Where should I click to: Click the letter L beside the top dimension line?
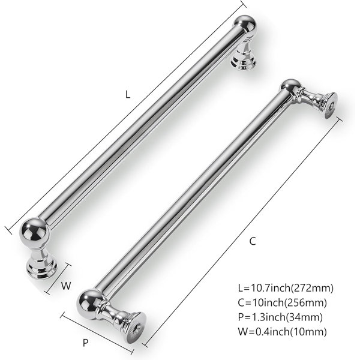click(128, 94)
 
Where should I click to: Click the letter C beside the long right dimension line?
click(253, 241)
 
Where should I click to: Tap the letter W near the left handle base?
click(66, 286)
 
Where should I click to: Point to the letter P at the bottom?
click(85, 343)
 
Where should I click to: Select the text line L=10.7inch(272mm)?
click(286, 288)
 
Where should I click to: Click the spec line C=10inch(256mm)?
click(282, 302)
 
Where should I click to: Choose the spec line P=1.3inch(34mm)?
click(280, 317)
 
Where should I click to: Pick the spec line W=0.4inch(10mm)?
click(282, 332)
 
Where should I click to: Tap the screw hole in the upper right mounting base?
click(331, 106)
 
